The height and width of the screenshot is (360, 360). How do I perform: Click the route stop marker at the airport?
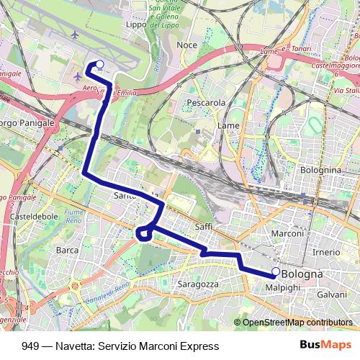pos(99,65)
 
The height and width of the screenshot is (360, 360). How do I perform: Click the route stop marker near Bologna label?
pos(275,271)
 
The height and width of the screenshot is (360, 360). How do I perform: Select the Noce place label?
pos(186,45)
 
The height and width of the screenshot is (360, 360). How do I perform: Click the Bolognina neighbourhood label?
pos(320,169)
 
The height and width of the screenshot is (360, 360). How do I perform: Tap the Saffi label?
pos(203,227)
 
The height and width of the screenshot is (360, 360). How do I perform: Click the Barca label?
pos(67,251)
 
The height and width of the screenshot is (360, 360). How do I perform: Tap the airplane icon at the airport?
pos(78,75)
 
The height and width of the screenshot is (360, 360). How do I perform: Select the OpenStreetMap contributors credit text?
pos(296,322)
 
